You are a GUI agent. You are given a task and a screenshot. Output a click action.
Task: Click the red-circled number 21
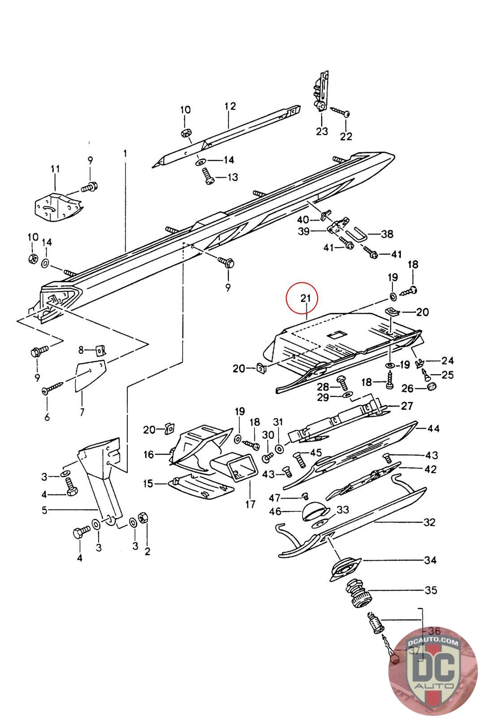coord(306,298)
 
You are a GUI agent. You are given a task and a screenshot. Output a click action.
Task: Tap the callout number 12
coord(230,106)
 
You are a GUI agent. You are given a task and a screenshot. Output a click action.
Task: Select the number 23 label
coord(322,132)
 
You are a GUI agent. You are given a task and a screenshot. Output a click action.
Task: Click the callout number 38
coord(387,234)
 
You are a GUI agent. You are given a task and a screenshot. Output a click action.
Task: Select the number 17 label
coord(250,504)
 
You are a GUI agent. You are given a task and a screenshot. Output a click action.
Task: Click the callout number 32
coord(429,522)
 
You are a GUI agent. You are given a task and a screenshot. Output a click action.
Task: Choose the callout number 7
coord(82,412)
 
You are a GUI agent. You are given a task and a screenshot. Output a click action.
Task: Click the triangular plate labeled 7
coord(90,375)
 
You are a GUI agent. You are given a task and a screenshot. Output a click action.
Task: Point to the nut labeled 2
coord(142,516)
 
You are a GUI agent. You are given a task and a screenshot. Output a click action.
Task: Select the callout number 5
coord(45,510)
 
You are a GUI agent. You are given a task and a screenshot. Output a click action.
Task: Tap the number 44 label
coord(434,428)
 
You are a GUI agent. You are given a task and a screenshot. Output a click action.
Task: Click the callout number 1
coord(125,154)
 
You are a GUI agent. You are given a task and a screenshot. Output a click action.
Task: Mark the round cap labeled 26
coord(432,386)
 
